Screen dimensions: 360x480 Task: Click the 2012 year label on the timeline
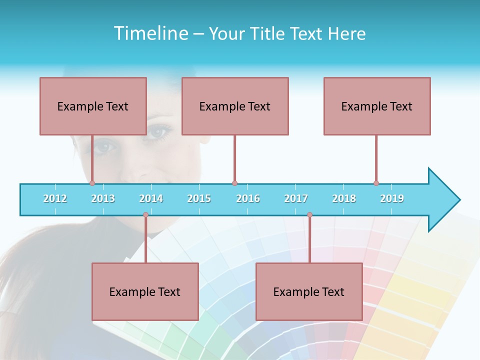pyautogui.click(x=55, y=198)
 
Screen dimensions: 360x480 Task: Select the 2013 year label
pyautogui.click(x=103, y=198)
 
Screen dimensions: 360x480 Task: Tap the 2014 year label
pyautogui.click(x=151, y=198)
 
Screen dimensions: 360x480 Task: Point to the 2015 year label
pyautogui.click(x=199, y=198)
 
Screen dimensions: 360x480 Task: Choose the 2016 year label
pyautogui.click(x=248, y=198)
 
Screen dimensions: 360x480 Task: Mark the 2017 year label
pyautogui.click(x=296, y=198)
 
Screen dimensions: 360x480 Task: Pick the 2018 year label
pyautogui.click(x=344, y=198)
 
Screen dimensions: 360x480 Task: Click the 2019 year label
pyautogui.click(x=392, y=198)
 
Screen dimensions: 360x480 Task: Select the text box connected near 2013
pyautogui.click(x=93, y=106)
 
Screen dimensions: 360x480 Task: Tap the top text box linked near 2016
pyautogui.click(x=235, y=106)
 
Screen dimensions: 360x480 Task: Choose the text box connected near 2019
pyautogui.click(x=377, y=106)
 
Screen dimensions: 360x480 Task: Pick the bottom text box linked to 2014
pyautogui.click(x=145, y=291)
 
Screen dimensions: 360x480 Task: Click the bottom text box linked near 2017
pyautogui.click(x=309, y=291)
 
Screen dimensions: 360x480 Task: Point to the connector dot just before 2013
pyautogui.click(x=92, y=183)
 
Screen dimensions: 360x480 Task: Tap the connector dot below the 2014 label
pyautogui.click(x=145, y=215)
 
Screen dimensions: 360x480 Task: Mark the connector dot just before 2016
pyautogui.click(x=234, y=183)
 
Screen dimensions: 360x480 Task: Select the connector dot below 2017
pyautogui.click(x=309, y=215)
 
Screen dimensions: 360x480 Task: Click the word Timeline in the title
pyautogui.click(x=150, y=33)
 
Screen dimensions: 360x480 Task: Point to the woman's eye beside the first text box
pyautogui.click(x=159, y=131)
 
